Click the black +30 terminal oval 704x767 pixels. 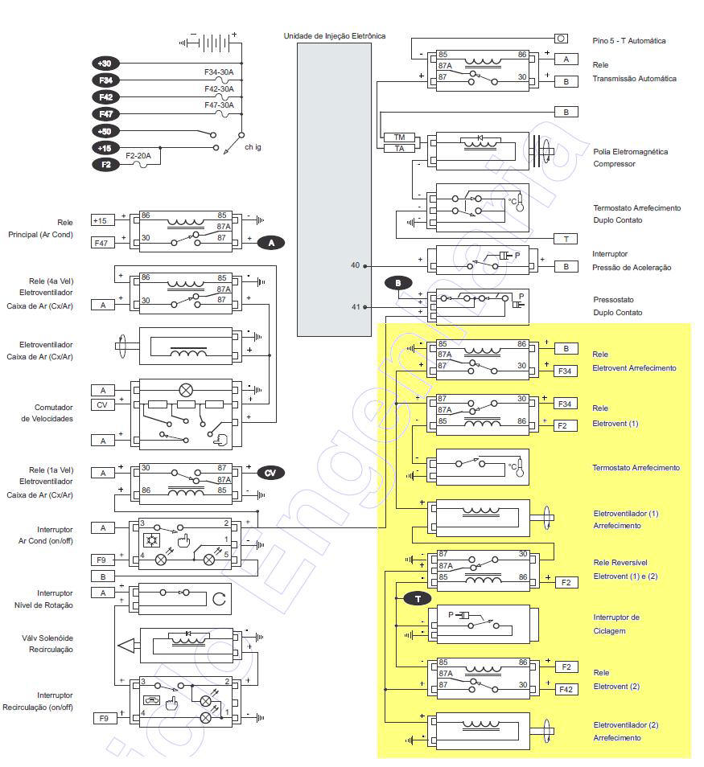(105, 64)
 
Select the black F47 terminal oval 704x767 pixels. (105, 113)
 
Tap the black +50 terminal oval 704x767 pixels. (105, 131)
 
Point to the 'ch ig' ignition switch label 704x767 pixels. (253, 146)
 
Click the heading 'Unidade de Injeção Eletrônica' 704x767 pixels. (334, 35)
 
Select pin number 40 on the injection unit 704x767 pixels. (356, 265)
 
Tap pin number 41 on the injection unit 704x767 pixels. (356, 306)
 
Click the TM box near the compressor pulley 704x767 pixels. (399, 137)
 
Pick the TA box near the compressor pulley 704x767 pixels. (399, 148)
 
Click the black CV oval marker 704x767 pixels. (270, 473)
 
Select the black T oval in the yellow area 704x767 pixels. (418, 599)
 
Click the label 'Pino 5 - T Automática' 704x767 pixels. (629, 40)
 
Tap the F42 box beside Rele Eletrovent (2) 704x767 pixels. (566, 689)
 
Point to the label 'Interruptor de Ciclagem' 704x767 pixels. (616, 624)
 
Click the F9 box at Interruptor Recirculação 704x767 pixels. (104, 718)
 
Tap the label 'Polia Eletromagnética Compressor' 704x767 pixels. (631, 158)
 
